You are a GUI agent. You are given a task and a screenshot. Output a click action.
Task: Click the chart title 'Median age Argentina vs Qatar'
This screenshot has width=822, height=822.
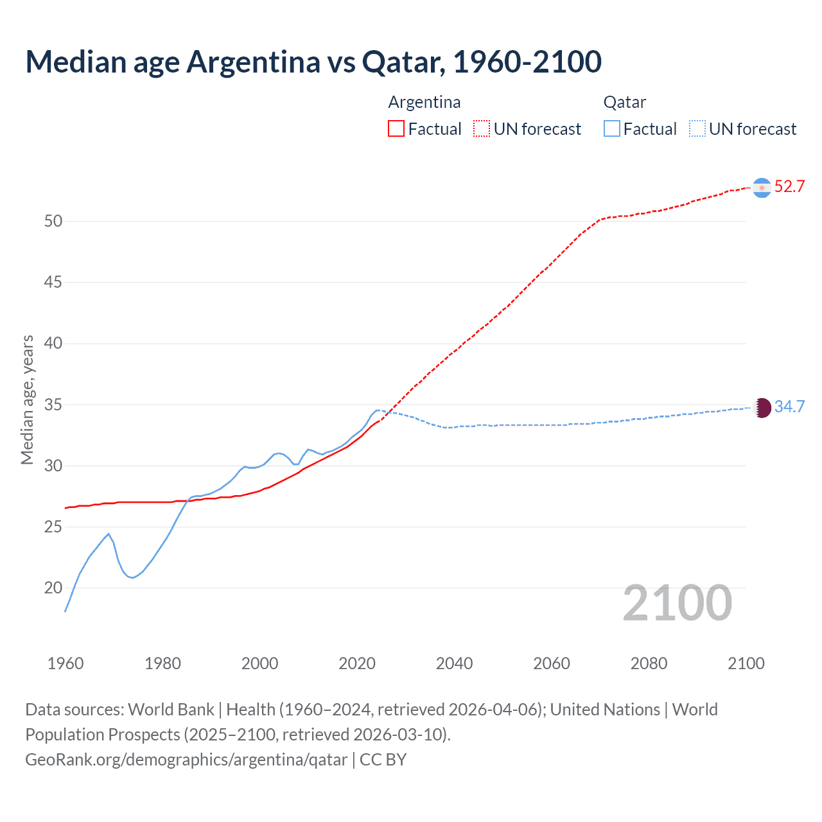coord(313,62)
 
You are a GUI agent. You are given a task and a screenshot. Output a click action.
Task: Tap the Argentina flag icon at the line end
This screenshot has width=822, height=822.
coord(762,187)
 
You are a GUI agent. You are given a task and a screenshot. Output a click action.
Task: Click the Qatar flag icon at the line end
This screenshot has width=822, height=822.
coord(762,407)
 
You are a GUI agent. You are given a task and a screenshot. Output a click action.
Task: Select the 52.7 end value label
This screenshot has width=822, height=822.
coord(789,187)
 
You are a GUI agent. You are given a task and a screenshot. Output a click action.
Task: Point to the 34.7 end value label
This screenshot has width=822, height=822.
coord(789,407)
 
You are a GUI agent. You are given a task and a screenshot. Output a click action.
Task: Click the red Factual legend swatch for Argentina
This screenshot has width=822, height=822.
coord(396,129)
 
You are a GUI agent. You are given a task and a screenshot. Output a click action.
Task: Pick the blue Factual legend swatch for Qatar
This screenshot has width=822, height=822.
coord(612,129)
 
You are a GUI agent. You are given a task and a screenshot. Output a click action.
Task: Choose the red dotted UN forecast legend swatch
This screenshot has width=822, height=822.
coord(482,129)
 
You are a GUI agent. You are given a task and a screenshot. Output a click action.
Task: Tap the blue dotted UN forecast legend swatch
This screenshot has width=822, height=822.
coord(697,129)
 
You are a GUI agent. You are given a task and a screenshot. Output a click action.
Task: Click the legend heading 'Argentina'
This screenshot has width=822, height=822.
coord(424,102)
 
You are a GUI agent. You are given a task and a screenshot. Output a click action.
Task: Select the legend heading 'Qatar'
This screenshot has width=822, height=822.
coord(624,102)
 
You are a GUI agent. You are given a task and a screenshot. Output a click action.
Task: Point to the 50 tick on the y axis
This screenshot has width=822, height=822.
coord(53,222)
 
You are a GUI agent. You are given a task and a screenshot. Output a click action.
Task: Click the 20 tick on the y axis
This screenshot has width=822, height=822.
coord(53,588)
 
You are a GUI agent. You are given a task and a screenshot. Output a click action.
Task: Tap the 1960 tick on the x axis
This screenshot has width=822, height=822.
coord(66,663)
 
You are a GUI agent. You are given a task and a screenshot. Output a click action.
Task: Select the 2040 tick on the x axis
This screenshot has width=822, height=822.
coord(454,663)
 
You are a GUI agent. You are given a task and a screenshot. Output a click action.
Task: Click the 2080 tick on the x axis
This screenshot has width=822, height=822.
coord(649,663)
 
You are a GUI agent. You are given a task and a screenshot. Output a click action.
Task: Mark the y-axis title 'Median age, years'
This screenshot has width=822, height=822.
coord(28,399)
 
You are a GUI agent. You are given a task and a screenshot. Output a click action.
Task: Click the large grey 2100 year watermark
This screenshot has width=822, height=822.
coord(678,603)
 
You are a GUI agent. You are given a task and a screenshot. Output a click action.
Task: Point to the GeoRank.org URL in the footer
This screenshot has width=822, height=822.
coord(186,760)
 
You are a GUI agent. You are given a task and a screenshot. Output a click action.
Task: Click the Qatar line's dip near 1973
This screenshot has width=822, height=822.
coord(132,577)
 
